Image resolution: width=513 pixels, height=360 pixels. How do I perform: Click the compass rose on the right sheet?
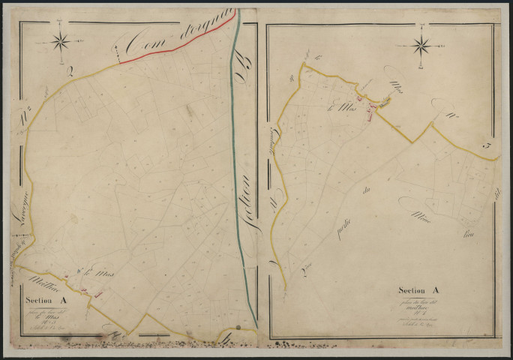[422, 46]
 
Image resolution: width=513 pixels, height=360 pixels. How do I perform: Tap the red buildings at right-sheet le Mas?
[370, 110]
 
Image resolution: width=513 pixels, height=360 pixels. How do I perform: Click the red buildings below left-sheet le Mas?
[96, 295]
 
